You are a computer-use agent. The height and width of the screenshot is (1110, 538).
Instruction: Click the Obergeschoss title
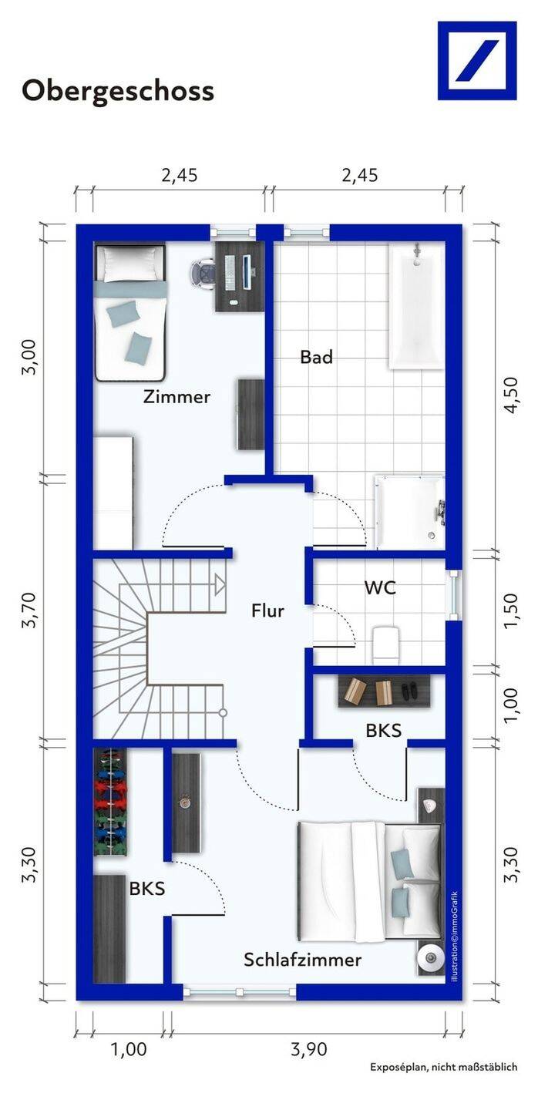click(118, 92)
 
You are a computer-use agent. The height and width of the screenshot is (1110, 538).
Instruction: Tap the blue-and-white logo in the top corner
click(477, 60)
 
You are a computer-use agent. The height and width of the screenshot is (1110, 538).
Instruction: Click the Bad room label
click(316, 357)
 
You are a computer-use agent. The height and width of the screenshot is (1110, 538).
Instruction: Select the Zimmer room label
click(177, 396)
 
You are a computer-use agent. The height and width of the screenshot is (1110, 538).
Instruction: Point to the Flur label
click(267, 610)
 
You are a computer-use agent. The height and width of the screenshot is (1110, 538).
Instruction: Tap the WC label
click(380, 587)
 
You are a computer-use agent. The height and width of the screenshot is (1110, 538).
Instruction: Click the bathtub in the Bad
click(415, 306)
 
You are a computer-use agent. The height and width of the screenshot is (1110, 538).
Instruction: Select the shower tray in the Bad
click(410, 512)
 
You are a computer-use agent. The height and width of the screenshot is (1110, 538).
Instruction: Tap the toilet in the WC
click(385, 644)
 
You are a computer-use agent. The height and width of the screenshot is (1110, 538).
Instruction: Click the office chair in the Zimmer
click(203, 274)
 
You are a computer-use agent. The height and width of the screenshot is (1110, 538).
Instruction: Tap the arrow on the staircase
click(220, 585)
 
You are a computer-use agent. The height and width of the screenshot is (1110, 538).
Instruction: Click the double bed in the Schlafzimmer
click(369, 880)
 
